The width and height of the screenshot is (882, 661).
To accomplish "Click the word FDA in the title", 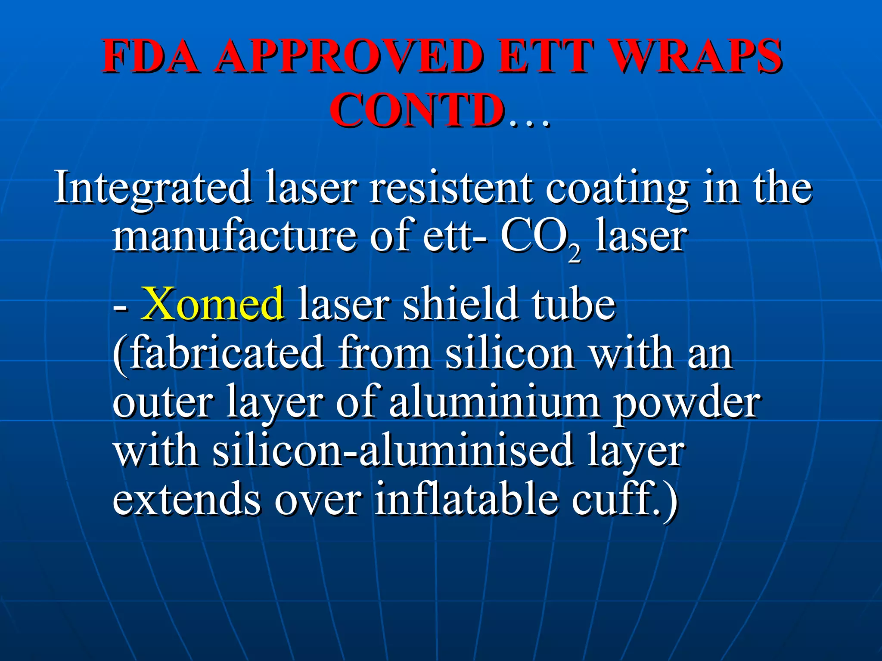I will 150,56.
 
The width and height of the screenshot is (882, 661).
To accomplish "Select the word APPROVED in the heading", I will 349,56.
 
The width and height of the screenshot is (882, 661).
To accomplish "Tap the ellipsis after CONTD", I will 529,123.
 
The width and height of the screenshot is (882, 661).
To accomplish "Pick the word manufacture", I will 234,236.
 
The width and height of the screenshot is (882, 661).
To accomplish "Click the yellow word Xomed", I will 213,303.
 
